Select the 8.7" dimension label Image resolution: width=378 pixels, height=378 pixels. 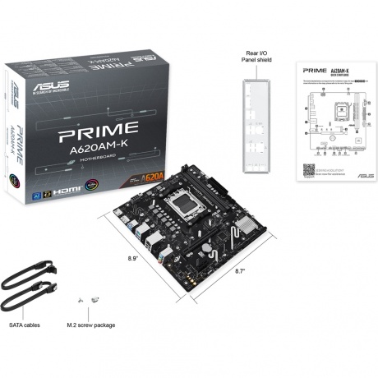tap(242, 270)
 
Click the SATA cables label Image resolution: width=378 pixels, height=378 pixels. tap(30, 324)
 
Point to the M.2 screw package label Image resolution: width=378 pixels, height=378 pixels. tap(91, 324)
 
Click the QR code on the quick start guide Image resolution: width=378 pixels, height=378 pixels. tap(309, 168)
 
